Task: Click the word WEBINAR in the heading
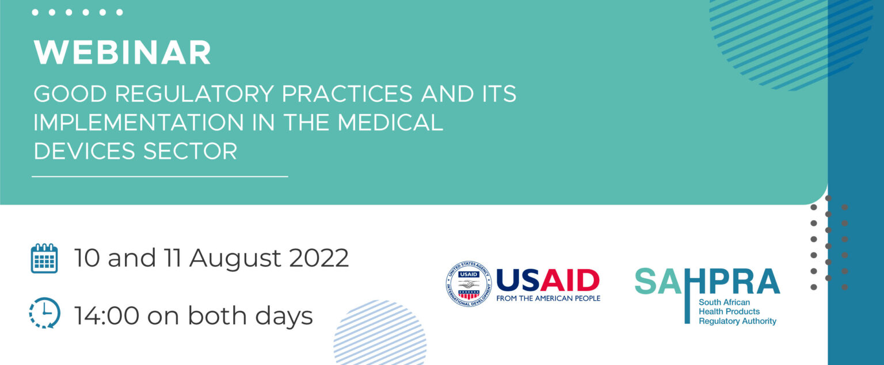[123, 52]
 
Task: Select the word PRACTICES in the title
[347, 94]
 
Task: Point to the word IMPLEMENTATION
[139, 122]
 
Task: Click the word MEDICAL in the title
[390, 122]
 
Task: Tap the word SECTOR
[190, 151]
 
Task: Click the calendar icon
[44, 258]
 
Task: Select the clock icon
[44, 313]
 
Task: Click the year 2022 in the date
[319, 258]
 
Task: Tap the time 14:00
[106, 316]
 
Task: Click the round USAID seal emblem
[469, 284]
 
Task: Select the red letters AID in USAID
[570, 281]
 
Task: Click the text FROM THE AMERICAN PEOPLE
[548, 298]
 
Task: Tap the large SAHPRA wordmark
[707, 281]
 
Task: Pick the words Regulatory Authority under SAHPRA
[737, 321]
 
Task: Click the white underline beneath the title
[160, 176]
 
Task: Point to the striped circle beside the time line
[380, 332]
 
